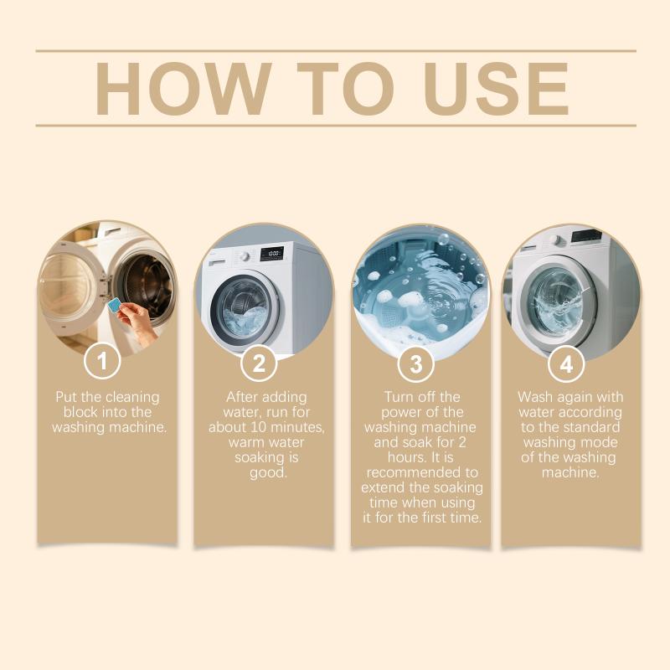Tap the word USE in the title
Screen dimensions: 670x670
[496, 89]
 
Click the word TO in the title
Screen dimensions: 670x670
[345, 89]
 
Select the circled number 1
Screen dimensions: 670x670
[102, 361]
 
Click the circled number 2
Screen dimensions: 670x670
[259, 363]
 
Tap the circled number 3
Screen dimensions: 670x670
[415, 364]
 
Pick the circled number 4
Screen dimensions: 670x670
[566, 364]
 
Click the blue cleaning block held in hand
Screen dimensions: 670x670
[115, 305]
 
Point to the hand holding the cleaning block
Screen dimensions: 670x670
[137, 322]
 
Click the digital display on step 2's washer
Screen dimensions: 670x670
[272, 254]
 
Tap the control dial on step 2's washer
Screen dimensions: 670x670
[245, 256]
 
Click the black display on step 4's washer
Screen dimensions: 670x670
[587, 235]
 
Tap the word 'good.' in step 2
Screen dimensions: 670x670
[268, 473]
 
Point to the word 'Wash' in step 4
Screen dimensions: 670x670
[535, 397]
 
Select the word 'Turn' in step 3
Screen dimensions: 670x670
[398, 397]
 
